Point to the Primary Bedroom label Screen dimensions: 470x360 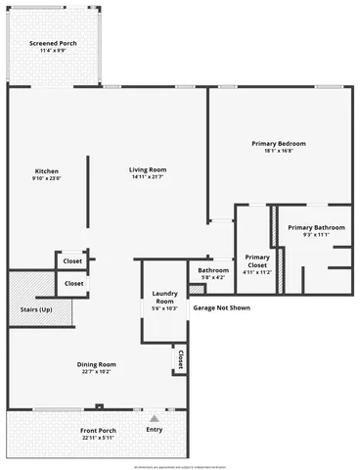[x=279, y=145]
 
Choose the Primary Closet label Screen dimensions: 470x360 [x=257, y=260]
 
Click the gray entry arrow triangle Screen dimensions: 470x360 [x=154, y=419]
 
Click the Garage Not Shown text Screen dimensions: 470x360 [x=221, y=307]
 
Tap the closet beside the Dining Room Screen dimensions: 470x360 [x=180, y=359]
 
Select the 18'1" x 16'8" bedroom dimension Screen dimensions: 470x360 [x=279, y=152]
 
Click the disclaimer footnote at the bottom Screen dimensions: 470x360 [x=180, y=466]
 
